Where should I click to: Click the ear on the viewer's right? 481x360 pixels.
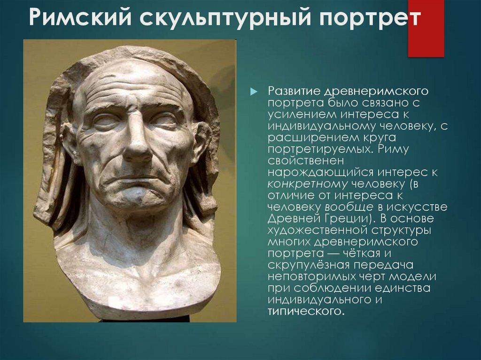coord(202,140)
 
